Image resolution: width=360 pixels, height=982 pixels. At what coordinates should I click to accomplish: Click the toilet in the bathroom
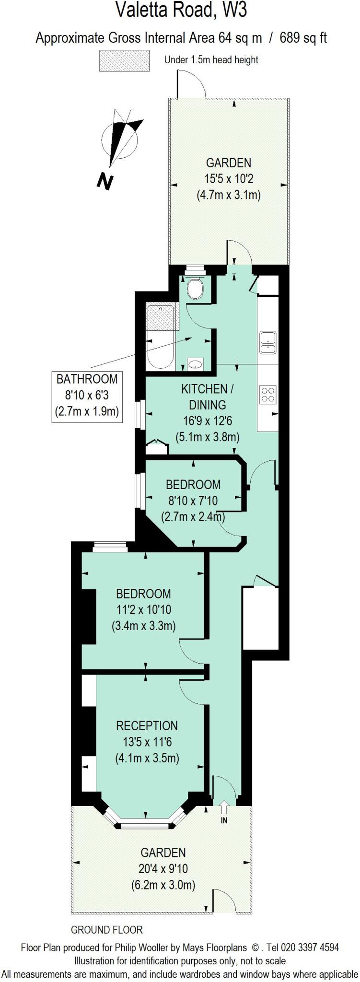(196, 288)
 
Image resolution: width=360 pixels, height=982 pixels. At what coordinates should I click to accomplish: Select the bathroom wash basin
(196, 364)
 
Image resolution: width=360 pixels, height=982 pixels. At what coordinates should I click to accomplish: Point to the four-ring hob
(267, 394)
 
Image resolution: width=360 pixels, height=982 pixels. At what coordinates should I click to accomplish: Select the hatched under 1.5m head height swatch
(124, 60)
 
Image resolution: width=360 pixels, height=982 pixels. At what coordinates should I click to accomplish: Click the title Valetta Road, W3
(181, 10)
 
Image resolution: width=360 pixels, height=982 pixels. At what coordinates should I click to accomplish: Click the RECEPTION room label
(147, 725)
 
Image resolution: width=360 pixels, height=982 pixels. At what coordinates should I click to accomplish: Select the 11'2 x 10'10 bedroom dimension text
(143, 609)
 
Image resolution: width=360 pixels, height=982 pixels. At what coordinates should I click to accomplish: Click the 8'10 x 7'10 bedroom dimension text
(193, 501)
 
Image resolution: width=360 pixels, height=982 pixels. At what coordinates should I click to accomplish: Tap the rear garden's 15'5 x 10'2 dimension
(229, 179)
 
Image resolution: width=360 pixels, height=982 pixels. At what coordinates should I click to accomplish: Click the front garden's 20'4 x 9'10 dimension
(163, 868)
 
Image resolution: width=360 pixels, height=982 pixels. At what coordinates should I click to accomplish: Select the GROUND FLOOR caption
(106, 930)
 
